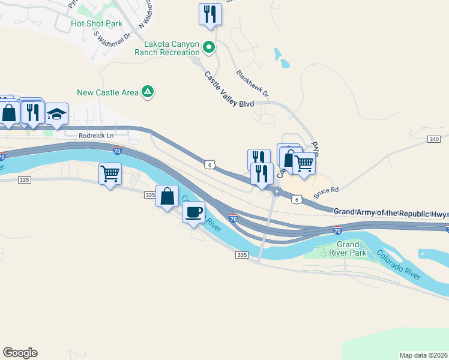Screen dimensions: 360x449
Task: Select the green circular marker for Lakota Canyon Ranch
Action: pyautogui.click(x=209, y=46)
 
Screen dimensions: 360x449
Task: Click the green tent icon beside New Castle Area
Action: pyautogui.click(x=147, y=92)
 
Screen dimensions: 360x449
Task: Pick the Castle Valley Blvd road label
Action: pyautogui.click(x=229, y=91)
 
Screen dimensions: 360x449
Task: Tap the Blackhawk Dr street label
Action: pyautogui.click(x=253, y=85)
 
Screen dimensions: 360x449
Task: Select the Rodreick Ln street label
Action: pyautogui.click(x=96, y=136)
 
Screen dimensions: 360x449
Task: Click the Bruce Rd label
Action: pyautogui.click(x=327, y=190)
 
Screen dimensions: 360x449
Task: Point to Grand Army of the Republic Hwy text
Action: pyautogui.click(x=390, y=212)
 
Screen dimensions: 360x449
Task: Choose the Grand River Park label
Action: pyautogui.click(x=348, y=248)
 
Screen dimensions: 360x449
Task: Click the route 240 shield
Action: pyautogui.click(x=435, y=139)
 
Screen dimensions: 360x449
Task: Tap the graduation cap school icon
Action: pyautogui.click(x=56, y=113)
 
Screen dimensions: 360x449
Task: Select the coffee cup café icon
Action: pyautogui.click(x=193, y=212)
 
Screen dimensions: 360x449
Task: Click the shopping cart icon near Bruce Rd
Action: pyautogui.click(x=304, y=163)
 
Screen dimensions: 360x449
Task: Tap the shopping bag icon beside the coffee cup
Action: pyautogui.click(x=167, y=196)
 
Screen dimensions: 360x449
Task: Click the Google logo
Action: pyautogui.click(x=20, y=353)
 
